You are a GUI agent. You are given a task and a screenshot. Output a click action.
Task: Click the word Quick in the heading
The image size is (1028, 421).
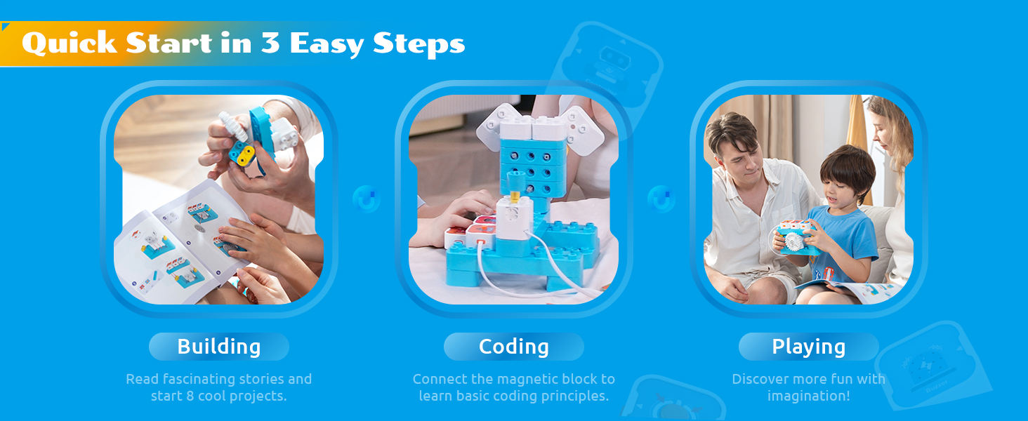[70, 44]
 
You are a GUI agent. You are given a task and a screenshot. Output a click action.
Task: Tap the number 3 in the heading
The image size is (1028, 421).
[270, 43]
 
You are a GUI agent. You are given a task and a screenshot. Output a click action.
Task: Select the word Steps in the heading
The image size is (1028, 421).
[419, 44]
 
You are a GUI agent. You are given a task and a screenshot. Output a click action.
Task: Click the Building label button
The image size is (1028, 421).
[219, 347]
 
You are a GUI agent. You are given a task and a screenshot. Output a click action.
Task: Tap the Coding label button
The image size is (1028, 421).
[513, 347]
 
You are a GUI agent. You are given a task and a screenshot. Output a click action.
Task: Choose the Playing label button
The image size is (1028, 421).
[809, 347]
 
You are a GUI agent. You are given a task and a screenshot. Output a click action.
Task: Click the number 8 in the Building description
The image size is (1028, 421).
[190, 396]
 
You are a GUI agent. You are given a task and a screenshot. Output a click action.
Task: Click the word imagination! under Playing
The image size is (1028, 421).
[809, 396]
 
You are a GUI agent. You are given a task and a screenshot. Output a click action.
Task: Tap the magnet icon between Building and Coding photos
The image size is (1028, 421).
[367, 199]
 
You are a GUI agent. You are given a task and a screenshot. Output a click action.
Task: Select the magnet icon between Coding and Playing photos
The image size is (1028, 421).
[661, 199]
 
